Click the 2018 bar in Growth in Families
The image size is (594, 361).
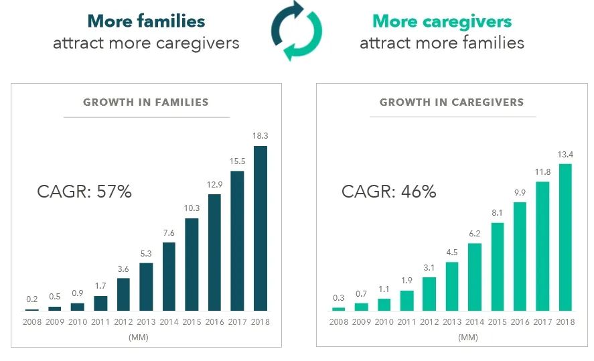[x=261, y=228]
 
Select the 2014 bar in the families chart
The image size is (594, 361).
[x=169, y=277]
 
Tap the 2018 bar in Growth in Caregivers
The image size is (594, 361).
[x=567, y=237]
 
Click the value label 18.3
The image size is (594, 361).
[x=261, y=136]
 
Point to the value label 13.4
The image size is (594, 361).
[x=567, y=154]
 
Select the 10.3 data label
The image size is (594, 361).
[x=192, y=208]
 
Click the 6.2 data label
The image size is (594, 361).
[x=475, y=233]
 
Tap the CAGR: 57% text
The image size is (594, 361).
[x=84, y=192]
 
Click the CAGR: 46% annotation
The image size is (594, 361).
[x=389, y=192]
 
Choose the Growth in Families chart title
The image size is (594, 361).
[x=146, y=102]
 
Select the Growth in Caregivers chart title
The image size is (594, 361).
[x=452, y=102]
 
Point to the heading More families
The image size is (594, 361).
[x=146, y=21]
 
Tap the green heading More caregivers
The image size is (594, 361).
[x=442, y=21]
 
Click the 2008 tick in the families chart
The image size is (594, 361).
[x=32, y=323]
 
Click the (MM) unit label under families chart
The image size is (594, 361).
[x=147, y=337]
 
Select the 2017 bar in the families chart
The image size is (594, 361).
[x=238, y=240]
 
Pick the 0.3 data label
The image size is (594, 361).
[x=338, y=298]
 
